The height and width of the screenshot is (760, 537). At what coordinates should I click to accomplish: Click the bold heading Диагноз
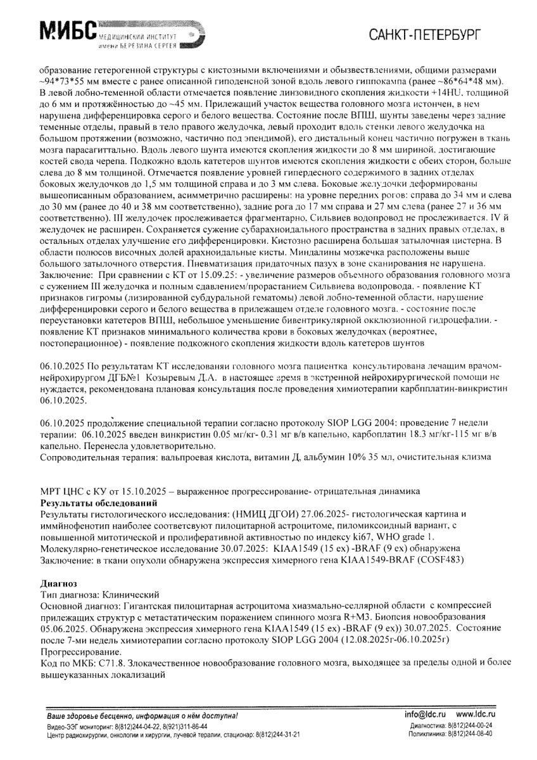pos(58,583)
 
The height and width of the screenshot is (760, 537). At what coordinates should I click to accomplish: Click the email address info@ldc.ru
pos(426,715)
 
